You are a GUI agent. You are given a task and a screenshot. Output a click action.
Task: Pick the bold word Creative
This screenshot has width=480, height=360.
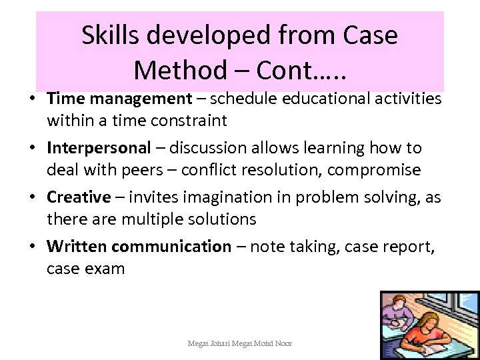pos(79,197)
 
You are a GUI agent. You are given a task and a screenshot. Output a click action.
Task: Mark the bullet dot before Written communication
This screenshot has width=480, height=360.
pos(33,246)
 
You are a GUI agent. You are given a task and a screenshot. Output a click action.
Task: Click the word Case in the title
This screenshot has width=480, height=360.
pos(366,35)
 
